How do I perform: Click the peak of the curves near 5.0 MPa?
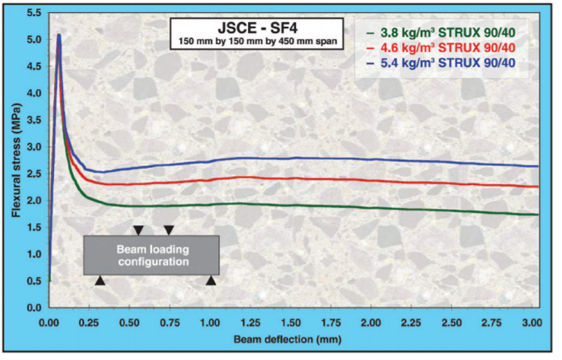(x=59, y=35)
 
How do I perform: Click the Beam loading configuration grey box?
(x=151, y=256)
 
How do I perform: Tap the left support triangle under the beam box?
(x=100, y=282)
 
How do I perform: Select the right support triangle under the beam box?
(x=211, y=282)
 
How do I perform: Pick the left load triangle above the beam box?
(x=138, y=230)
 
